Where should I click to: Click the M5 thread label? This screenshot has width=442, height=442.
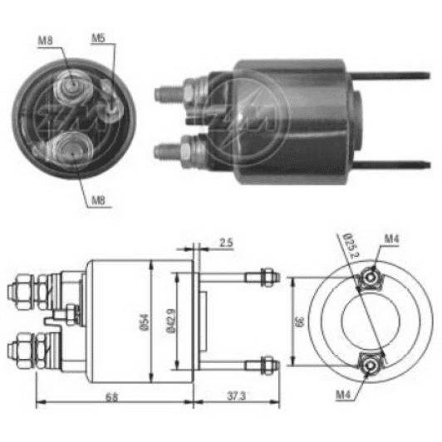click(x=99, y=38)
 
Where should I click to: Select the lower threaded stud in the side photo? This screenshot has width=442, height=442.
click(x=169, y=151)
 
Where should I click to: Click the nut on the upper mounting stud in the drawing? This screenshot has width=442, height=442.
click(x=264, y=276)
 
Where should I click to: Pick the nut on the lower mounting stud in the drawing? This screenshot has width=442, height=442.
click(x=264, y=363)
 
